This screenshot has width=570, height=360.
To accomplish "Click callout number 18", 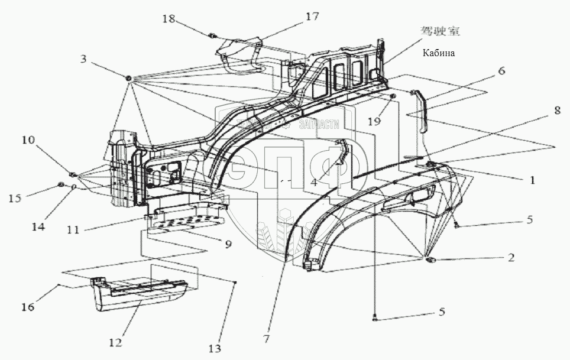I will (x=169, y=20).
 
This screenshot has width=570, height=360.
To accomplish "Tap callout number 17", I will (x=311, y=17).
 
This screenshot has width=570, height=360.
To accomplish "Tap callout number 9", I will (x=227, y=244).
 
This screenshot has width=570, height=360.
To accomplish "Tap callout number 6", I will (x=501, y=70).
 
